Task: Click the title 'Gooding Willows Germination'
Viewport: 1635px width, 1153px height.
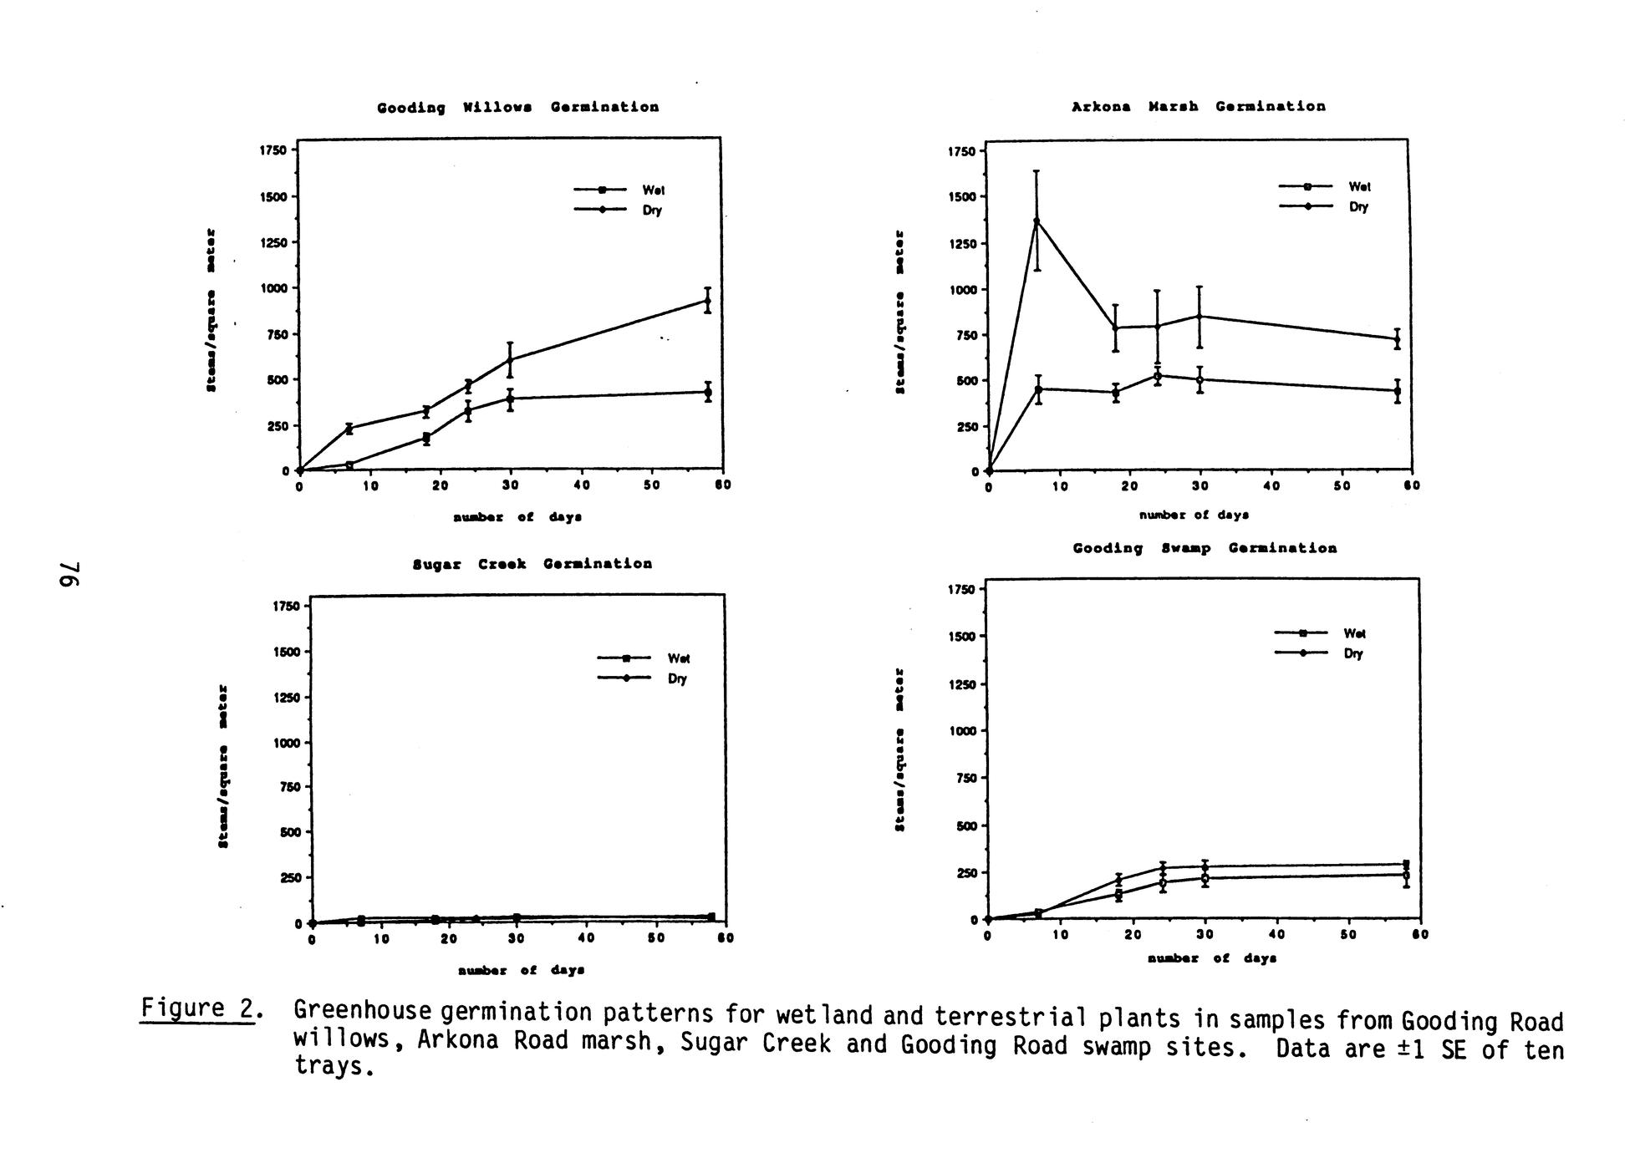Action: click(x=517, y=108)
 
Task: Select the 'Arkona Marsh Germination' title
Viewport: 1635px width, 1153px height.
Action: click(x=1198, y=107)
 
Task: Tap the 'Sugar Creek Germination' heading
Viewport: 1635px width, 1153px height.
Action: click(x=532, y=564)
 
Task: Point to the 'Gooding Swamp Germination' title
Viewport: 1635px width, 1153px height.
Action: click(x=1205, y=548)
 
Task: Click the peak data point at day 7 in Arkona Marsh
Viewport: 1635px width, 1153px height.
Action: click(x=1037, y=221)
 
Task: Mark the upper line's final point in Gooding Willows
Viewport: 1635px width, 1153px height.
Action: click(x=708, y=301)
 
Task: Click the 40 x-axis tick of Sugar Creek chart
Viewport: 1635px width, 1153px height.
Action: click(x=586, y=939)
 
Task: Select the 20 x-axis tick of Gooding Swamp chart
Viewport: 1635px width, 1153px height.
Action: click(x=1133, y=935)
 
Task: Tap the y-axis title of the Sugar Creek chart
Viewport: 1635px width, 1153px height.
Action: click(x=223, y=766)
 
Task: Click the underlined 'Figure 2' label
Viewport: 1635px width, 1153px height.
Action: click(x=197, y=1008)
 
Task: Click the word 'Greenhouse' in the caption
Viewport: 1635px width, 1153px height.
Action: click(x=362, y=1011)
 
